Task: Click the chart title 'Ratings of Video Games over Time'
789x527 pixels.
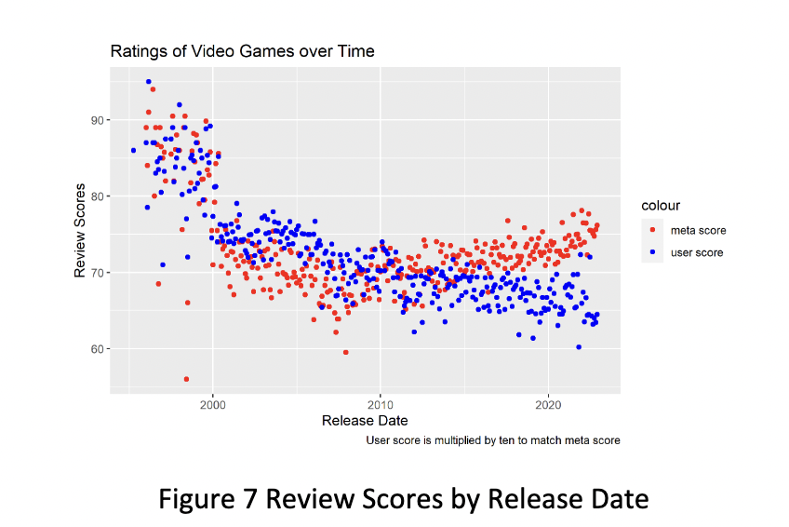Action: [242, 51]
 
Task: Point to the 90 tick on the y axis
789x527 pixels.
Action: [98, 120]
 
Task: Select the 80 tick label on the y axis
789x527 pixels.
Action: [98, 196]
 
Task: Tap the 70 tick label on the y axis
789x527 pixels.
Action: [98, 273]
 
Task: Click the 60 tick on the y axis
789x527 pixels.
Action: [98, 349]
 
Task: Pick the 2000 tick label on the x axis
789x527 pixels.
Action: [212, 406]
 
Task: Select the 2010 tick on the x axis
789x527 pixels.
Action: [380, 406]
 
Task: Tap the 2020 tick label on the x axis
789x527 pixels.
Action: [548, 406]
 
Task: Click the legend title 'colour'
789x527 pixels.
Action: [661, 206]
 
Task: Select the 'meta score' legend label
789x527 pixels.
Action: [697, 231]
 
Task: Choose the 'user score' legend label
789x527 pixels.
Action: [697, 252]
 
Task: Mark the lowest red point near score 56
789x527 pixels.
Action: [186, 379]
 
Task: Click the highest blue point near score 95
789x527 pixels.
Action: [148, 82]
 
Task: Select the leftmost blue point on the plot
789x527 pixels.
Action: [133, 150]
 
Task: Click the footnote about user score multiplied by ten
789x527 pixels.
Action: [492, 439]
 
